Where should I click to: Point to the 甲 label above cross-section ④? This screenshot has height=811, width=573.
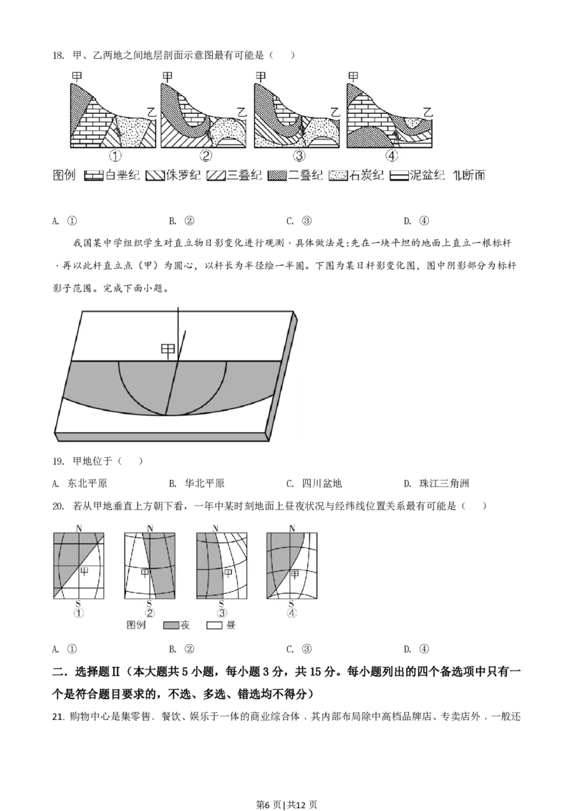pos(352,75)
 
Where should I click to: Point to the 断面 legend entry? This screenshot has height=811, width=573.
pos(468,174)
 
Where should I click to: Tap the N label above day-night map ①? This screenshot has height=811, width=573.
pos(78,529)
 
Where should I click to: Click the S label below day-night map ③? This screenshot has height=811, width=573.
pos(221,604)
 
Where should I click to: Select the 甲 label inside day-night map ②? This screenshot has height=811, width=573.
pos(146,572)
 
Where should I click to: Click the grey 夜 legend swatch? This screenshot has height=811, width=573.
pos(170,625)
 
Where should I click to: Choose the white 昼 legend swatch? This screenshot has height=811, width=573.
pos(213,625)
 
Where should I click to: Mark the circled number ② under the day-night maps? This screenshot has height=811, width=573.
pos(150,613)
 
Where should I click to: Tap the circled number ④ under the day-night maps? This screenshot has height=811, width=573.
pos(292,613)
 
